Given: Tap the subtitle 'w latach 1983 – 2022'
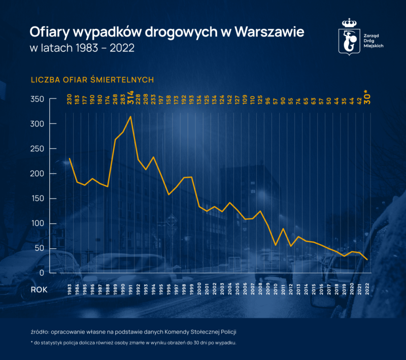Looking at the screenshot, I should tap(82, 50).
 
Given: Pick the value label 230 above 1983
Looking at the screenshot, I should tap(70, 100).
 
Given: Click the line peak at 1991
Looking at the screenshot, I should tap(131, 117).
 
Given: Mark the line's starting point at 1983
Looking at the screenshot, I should tap(70, 158).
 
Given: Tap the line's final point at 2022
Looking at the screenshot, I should tap(367, 259).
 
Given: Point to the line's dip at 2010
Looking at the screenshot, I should tap(276, 245).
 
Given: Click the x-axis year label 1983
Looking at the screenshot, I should tap(70, 289).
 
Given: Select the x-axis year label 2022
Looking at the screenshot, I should tap(367, 289).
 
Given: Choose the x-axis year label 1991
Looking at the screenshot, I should tap(131, 289).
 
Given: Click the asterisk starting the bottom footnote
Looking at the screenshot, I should tap(32, 343).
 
